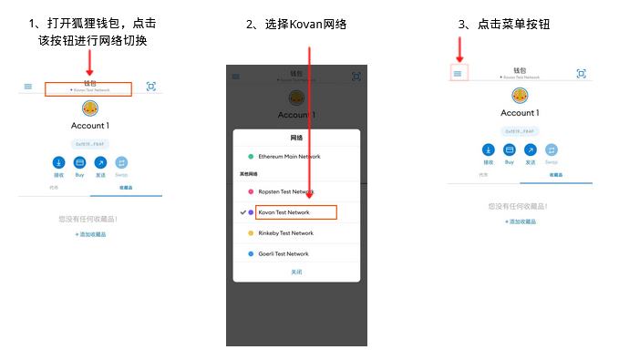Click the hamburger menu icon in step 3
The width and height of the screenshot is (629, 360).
(458, 74)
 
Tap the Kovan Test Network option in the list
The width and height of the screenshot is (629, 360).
(284, 212)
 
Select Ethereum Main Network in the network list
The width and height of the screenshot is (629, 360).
(289, 157)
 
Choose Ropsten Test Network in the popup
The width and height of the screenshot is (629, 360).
(285, 192)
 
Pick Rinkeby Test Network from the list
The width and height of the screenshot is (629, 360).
(285, 233)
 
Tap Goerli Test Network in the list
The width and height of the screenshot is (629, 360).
(284, 254)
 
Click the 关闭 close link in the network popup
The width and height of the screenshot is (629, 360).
(296, 273)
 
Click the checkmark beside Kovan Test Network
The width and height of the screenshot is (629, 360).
(242, 212)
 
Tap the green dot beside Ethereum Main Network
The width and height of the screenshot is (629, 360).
(251, 157)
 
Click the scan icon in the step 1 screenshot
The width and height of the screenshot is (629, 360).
(151, 87)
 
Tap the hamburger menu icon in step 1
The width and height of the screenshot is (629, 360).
(28, 87)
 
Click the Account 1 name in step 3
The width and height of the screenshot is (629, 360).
(519, 113)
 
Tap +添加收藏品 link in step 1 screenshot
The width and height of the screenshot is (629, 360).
(90, 234)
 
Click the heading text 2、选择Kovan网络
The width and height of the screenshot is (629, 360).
(296, 24)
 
